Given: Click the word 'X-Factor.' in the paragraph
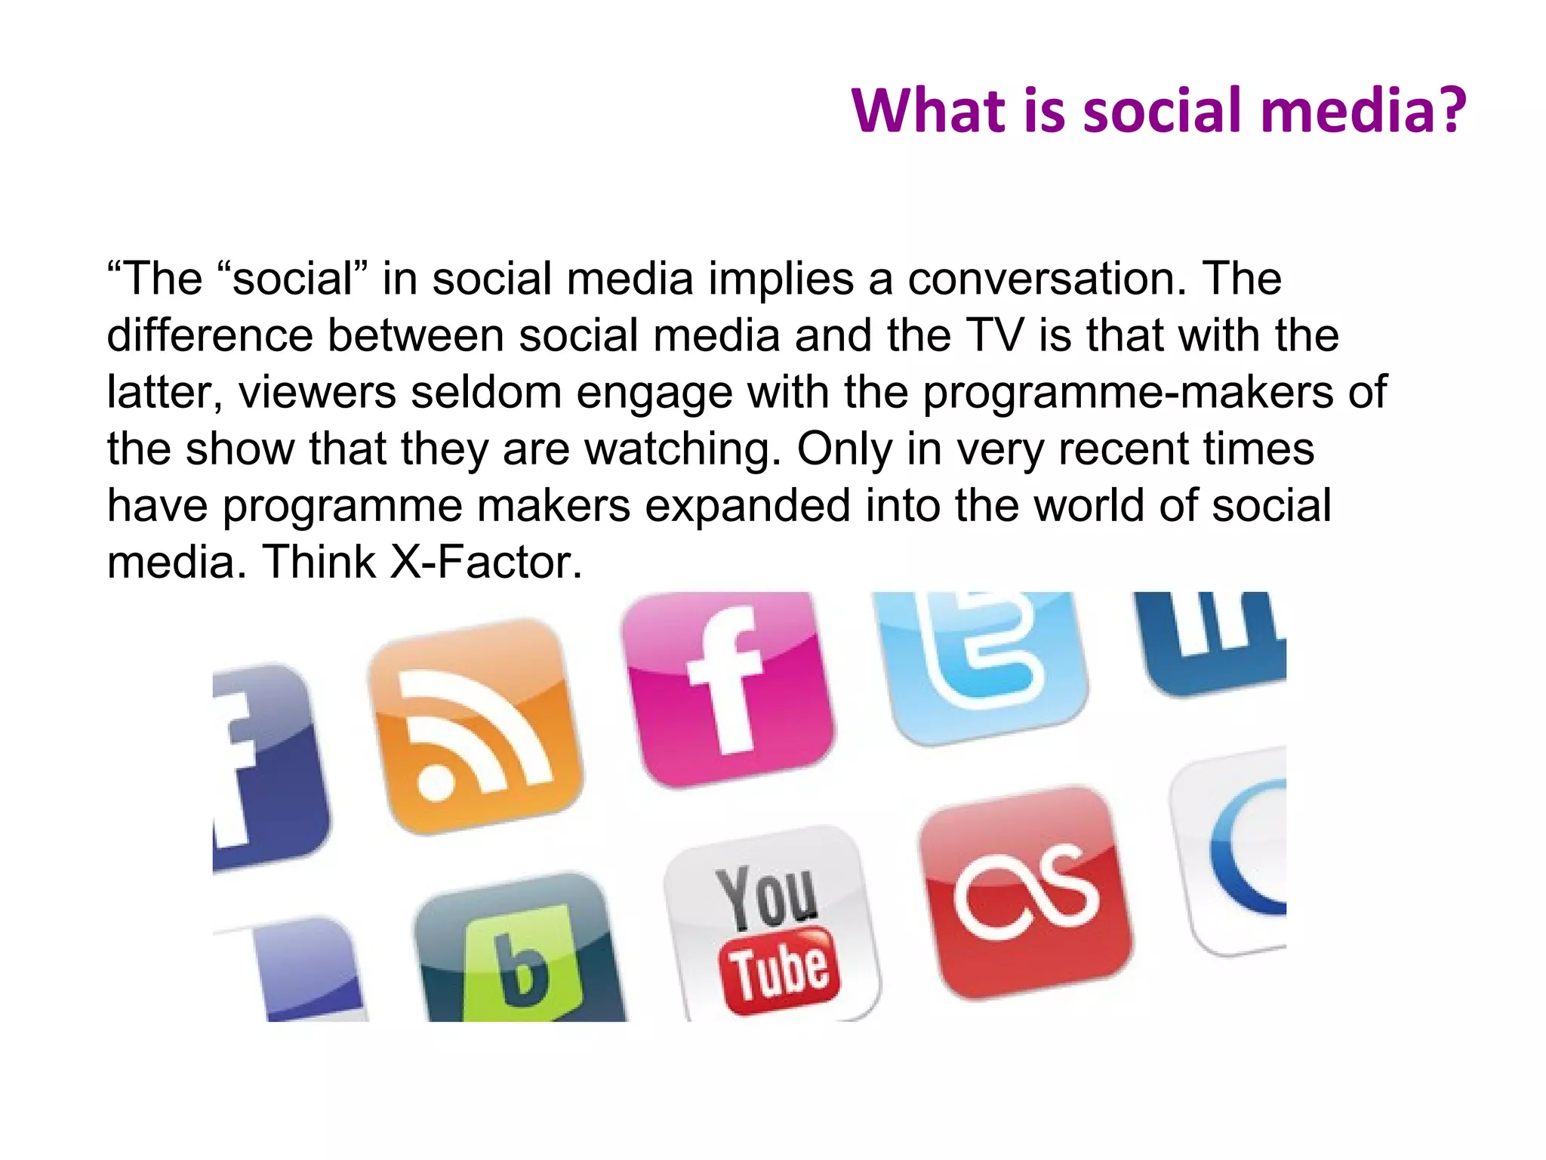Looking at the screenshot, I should click(x=486, y=563).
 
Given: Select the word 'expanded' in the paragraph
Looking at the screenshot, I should click(x=747, y=506).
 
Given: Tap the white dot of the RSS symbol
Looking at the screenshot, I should click(x=436, y=782).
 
